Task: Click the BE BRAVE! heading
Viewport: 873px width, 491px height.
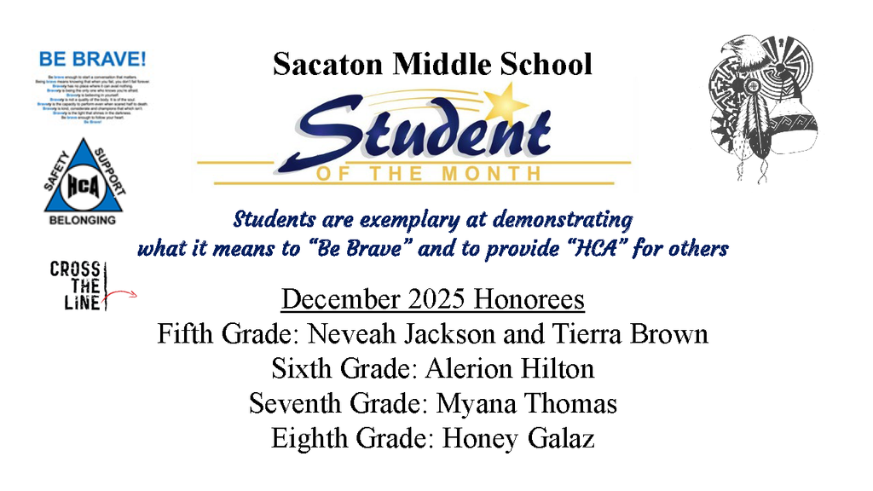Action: point(92,60)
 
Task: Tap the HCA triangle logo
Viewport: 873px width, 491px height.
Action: point(84,181)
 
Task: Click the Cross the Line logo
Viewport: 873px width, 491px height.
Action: point(76,286)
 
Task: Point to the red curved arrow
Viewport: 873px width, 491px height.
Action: point(123,295)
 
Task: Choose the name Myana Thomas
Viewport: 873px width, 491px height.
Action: point(526,403)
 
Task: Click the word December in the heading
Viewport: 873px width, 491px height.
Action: point(331,299)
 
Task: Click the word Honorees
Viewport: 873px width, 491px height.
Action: point(529,299)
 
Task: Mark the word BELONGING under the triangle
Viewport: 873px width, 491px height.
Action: point(84,219)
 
